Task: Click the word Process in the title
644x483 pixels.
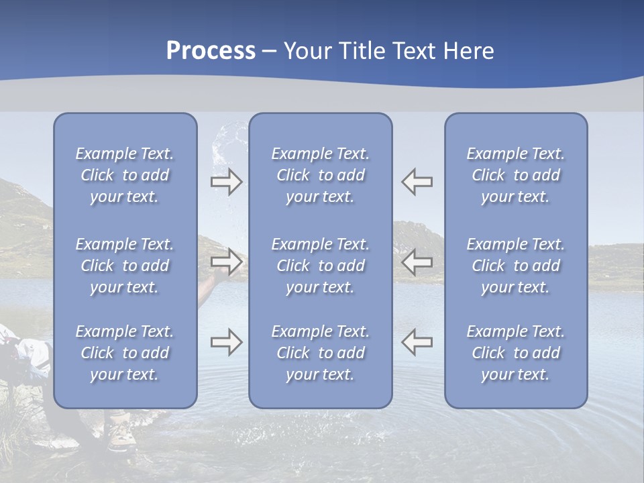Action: pos(211,51)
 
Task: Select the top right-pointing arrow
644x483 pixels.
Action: pos(226,182)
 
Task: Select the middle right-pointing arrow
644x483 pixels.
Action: pos(226,262)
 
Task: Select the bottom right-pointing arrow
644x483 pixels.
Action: pos(226,342)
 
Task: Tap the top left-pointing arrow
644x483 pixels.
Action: pos(417,182)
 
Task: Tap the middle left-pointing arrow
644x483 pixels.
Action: pos(417,262)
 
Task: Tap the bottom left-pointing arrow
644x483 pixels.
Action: pos(417,342)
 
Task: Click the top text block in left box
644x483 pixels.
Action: pos(125,175)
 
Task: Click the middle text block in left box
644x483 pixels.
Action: pos(125,266)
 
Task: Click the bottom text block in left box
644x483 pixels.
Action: pos(125,353)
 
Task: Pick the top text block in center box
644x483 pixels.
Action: pos(320,175)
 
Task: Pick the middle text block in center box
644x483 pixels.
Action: pos(320,266)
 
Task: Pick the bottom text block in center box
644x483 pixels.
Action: pos(320,353)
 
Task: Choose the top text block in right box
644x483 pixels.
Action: pos(515,175)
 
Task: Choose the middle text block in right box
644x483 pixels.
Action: pos(515,266)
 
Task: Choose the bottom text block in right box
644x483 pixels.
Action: pos(515,353)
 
